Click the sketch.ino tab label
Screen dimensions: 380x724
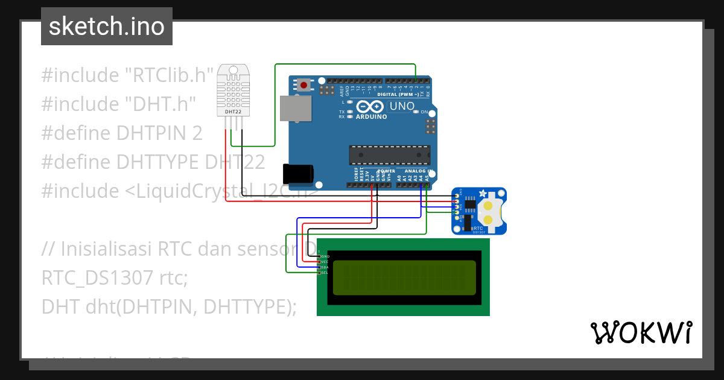106,27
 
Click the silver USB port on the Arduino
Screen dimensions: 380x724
296,109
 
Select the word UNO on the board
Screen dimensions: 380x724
401,107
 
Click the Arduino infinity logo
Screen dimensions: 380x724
366,107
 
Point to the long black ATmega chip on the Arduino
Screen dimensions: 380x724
389,155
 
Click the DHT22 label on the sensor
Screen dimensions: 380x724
233,112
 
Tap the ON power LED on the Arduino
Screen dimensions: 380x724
416,112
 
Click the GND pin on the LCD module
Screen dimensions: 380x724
319,256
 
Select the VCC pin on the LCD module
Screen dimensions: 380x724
319,262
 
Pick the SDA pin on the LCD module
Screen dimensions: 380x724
319,267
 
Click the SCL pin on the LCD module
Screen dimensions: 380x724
319,273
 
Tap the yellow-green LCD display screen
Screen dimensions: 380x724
404,277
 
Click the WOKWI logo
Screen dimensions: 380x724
641,332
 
